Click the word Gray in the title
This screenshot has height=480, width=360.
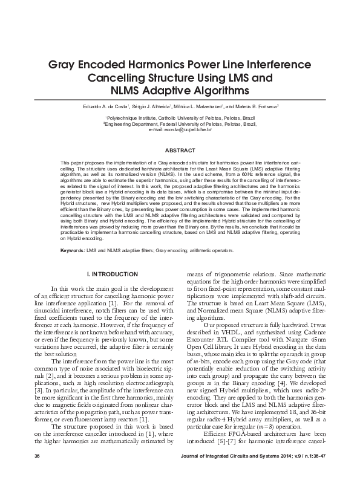63,64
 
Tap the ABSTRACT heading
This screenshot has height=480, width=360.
180,150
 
